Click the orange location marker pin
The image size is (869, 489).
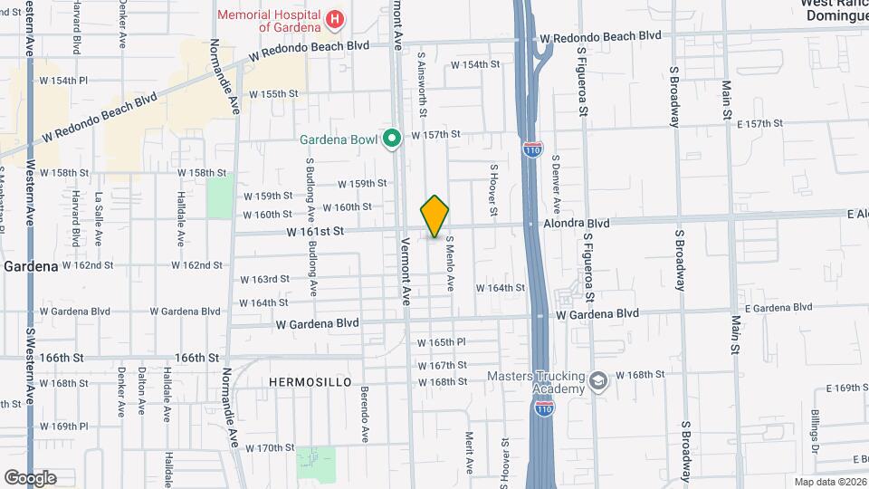(435, 217)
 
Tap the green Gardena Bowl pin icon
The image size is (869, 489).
(391, 139)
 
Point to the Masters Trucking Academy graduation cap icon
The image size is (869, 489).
(597, 381)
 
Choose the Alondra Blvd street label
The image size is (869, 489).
(576, 223)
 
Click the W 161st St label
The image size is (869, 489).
(316, 232)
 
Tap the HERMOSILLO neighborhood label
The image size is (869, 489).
(310, 383)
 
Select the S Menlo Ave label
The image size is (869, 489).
(449, 264)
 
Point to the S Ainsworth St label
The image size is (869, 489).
(422, 90)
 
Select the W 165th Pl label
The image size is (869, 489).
(441, 343)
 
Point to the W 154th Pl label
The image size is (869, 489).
(63, 81)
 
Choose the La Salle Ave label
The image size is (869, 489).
(98, 220)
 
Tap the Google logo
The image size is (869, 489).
(30, 477)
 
